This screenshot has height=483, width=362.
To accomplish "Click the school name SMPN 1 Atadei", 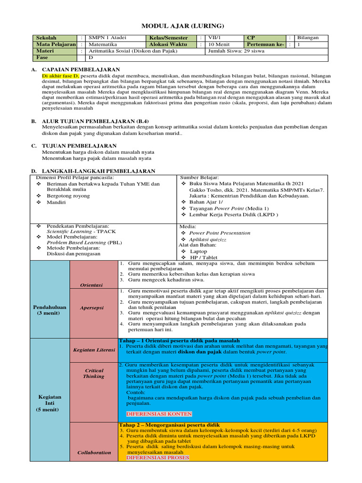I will (x=107, y=37).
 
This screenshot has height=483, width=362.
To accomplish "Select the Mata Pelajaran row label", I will (x=57, y=44).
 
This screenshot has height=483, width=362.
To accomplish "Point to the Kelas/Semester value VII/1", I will (x=214, y=37).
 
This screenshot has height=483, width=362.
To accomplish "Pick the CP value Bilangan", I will (x=308, y=37).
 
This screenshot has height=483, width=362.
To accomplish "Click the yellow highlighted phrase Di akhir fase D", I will (x=61, y=75).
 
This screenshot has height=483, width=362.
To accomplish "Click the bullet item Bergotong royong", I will (x=68, y=196).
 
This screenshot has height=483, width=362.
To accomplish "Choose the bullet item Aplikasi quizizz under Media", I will (x=207, y=240).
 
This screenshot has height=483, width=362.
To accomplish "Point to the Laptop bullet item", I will (x=198, y=251).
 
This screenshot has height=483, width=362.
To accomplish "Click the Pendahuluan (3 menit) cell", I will (x=49, y=310).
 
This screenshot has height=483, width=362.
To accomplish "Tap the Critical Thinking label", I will (x=93, y=373).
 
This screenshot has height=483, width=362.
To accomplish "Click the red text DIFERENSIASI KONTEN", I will (x=159, y=414).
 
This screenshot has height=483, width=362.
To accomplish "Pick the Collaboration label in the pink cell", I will (x=94, y=452).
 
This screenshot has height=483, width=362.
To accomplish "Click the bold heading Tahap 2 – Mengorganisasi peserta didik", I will (x=169, y=425).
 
